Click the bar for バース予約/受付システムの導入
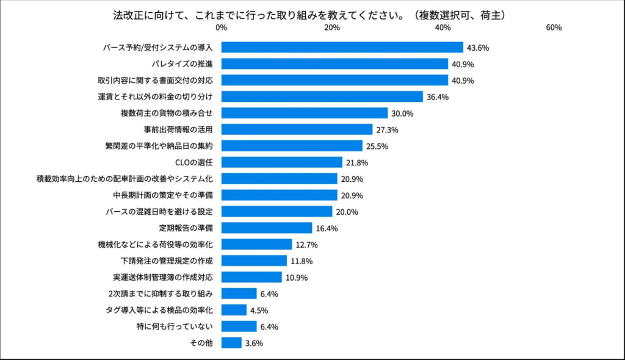(x=342, y=48)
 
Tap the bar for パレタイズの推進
(x=334, y=64)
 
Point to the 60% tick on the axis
(x=554, y=28)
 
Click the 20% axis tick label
(x=332, y=28)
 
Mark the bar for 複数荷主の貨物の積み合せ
(x=305, y=113)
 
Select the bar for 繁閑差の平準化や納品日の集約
(x=292, y=146)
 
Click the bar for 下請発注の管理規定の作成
(x=254, y=261)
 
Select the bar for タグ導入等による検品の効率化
(x=234, y=310)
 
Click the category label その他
(x=202, y=343)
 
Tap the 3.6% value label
(x=254, y=344)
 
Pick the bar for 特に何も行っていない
(x=239, y=326)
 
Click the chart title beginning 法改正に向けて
(x=312, y=13)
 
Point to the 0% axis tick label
(x=222, y=28)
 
